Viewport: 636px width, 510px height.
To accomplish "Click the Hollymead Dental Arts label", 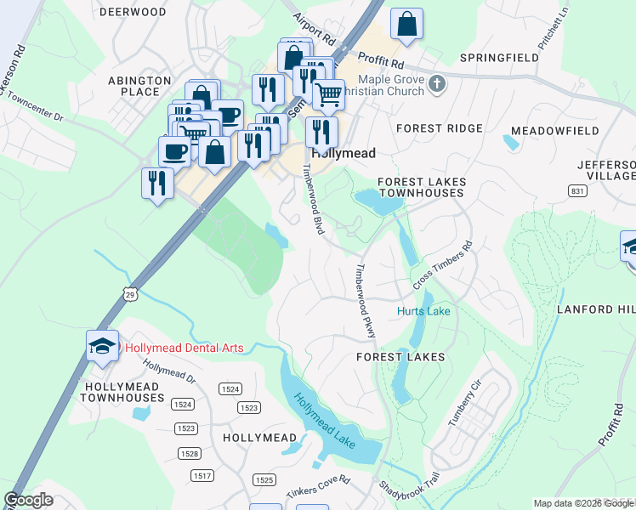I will click(x=184, y=348).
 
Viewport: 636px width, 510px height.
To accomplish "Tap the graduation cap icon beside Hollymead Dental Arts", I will click(x=102, y=345).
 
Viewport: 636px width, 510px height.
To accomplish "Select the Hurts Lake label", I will click(x=423, y=312).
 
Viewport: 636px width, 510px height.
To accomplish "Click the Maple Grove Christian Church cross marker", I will click(x=437, y=83).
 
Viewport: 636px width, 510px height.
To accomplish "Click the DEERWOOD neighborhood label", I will click(x=133, y=12).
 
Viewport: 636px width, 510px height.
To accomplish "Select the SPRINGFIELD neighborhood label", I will click(x=499, y=58).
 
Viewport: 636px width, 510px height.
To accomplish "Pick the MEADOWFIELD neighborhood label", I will click(x=548, y=133).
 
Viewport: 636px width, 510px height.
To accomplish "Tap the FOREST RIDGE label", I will click(x=440, y=128).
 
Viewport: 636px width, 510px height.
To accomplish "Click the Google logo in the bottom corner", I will click(x=29, y=500).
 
